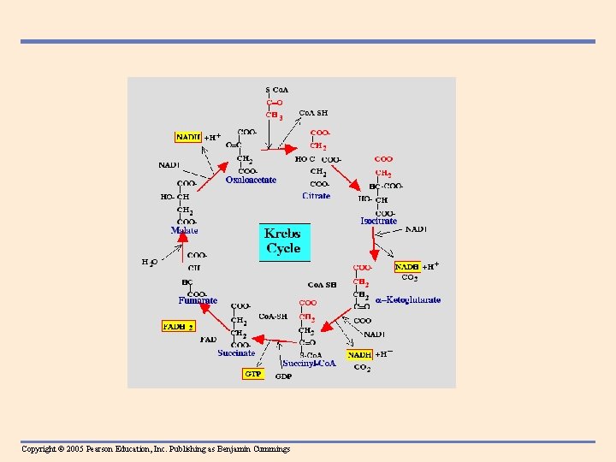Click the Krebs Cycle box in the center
[x=283, y=241]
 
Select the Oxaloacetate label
[x=251, y=180]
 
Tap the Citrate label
[x=316, y=196]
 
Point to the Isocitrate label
[x=379, y=221]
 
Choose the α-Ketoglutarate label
[x=408, y=300]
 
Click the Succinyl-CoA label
[x=309, y=364]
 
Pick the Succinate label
[x=236, y=352]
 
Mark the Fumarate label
[x=198, y=300]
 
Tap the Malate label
[x=184, y=230]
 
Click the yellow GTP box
[x=253, y=374]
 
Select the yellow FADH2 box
[x=179, y=326]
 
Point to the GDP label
[x=283, y=377]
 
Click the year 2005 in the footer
[x=73, y=449]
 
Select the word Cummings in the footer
[x=269, y=449]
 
